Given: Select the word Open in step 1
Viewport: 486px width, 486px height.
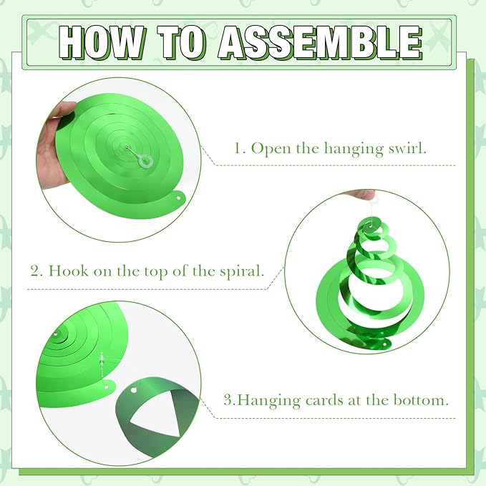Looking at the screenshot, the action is (x=270, y=149).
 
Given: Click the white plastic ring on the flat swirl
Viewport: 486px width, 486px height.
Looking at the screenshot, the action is (x=146, y=161).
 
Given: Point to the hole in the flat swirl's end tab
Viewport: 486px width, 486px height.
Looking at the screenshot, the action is (x=179, y=198).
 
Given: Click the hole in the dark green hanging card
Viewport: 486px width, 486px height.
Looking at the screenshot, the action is (x=134, y=390).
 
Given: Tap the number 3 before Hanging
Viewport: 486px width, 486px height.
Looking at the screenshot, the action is (x=229, y=400).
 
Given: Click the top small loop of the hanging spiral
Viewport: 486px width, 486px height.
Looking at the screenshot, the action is (x=369, y=226).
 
